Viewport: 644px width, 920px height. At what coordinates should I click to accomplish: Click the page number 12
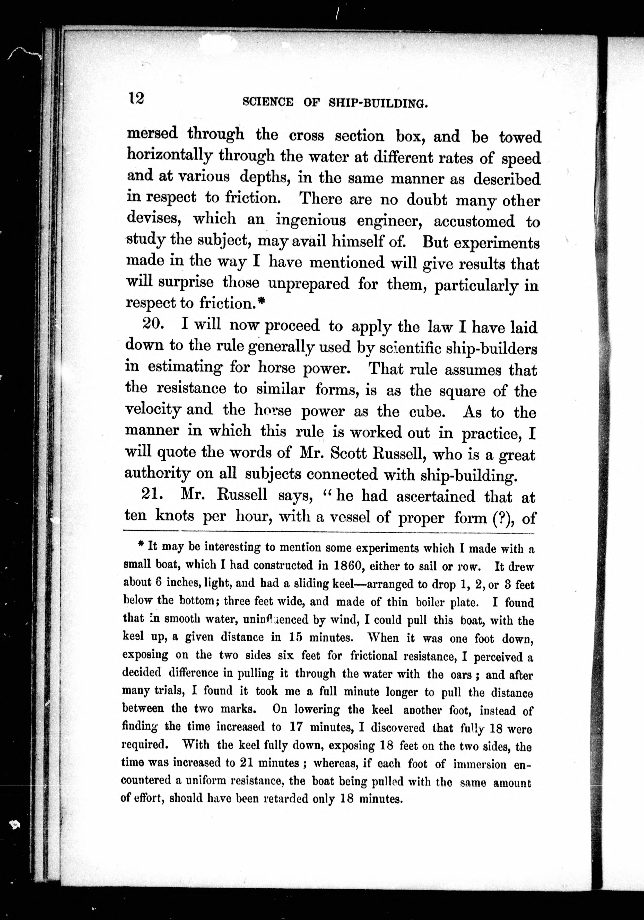pos(136,98)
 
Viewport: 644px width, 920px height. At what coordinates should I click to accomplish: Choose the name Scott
pos(349,453)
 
